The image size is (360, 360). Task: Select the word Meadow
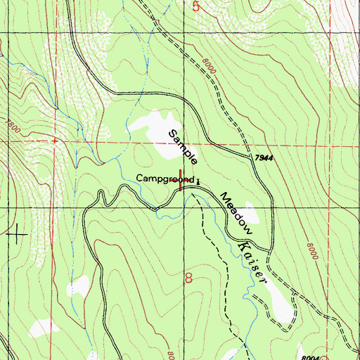click(236, 210)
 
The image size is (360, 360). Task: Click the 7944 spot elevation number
click(264, 160)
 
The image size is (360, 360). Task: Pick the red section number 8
click(188, 278)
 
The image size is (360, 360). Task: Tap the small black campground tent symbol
click(198, 181)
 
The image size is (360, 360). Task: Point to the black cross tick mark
click(17, 233)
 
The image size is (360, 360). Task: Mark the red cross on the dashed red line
click(53, 141)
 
